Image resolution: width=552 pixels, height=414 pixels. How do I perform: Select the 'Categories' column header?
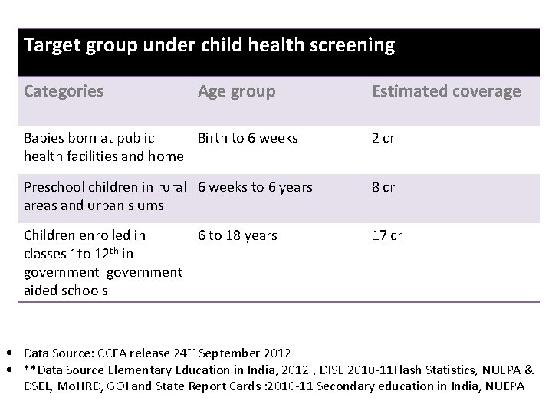point(64,91)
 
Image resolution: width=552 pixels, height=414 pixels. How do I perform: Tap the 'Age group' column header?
point(236,91)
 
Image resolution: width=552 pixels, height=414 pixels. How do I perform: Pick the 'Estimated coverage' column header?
point(446,91)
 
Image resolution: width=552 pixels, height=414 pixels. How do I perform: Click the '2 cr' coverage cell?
point(383,139)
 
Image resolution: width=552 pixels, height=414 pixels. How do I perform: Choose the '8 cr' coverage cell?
point(383,187)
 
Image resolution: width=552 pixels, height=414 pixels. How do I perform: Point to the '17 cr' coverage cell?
point(387,235)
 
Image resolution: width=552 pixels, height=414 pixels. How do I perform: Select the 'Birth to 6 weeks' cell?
point(248,139)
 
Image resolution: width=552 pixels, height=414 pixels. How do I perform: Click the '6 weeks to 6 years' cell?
point(255,187)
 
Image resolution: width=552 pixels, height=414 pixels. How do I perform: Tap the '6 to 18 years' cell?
point(238,235)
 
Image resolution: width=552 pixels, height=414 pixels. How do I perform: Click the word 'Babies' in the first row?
point(44,139)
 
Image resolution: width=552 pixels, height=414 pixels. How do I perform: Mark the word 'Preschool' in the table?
point(54,187)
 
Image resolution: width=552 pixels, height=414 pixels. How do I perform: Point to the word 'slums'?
point(146,205)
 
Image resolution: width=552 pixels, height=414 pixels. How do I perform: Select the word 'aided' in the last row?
point(42,291)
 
